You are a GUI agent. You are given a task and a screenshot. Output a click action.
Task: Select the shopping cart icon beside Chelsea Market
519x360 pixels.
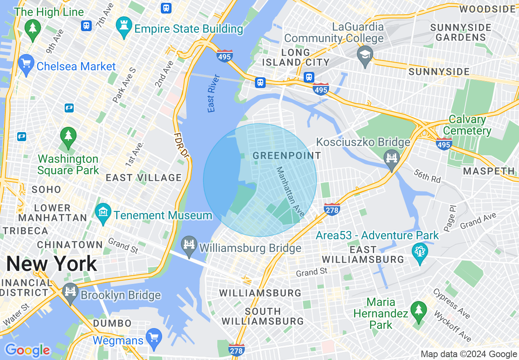[x=26, y=64]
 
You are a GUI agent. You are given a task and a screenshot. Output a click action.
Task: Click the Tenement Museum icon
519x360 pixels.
[x=103, y=212]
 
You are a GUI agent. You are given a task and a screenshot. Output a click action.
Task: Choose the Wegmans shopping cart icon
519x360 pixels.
[x=154, y=337]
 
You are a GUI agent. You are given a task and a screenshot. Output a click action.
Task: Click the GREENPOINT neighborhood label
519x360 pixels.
[x=287, y=155]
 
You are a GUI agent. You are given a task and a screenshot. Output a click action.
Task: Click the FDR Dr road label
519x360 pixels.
[x=181, y=145]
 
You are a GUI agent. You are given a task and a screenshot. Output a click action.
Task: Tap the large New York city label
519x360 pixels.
[x=52, y=264]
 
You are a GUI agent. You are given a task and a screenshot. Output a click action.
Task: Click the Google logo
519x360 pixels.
[x=27, y=351]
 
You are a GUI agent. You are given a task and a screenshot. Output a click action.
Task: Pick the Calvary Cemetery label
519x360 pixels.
[x=467, y=125]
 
